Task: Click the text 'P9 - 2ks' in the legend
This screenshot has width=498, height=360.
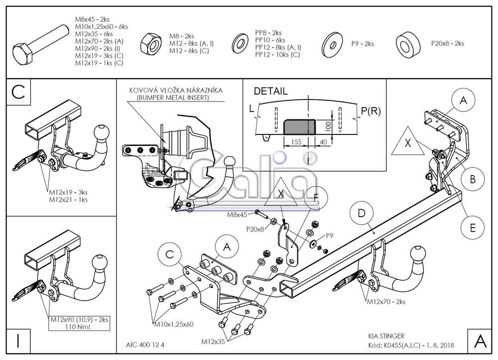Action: (x=362, y=44)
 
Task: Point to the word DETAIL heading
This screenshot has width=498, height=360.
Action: (x=270, y=91)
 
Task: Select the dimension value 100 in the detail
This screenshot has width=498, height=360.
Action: (x=328, y=125)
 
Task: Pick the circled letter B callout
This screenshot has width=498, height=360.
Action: (x=473, y=178)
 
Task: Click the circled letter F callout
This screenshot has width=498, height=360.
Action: (x=315, y=198)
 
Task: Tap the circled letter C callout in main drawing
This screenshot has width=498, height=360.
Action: (x=170, y=254)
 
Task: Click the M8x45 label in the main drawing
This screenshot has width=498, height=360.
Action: (x=237, y=215)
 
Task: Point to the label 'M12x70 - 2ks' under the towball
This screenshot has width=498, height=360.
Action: (x=386, y=302)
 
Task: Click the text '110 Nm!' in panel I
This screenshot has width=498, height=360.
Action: (x=80, y=326)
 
